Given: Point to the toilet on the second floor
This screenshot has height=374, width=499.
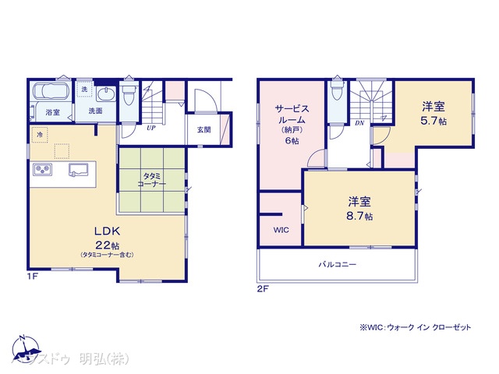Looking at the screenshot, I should pyautogui.click(x=336, y=93).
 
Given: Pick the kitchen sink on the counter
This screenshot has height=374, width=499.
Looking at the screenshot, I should pyautogui.click(x=79, y=169).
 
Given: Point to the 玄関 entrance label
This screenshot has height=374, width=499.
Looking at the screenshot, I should pyautogui.click(x=203, y=129).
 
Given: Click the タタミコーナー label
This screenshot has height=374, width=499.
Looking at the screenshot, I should pyautogui.click(x=151, y=181).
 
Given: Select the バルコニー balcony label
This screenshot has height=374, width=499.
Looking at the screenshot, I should pyautogui.click(x=337, y=264).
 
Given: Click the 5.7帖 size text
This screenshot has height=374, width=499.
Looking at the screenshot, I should pyautogui.click(x=433, y=122).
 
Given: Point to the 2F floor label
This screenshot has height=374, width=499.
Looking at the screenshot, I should pyautogui.click(x=264, y=288).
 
